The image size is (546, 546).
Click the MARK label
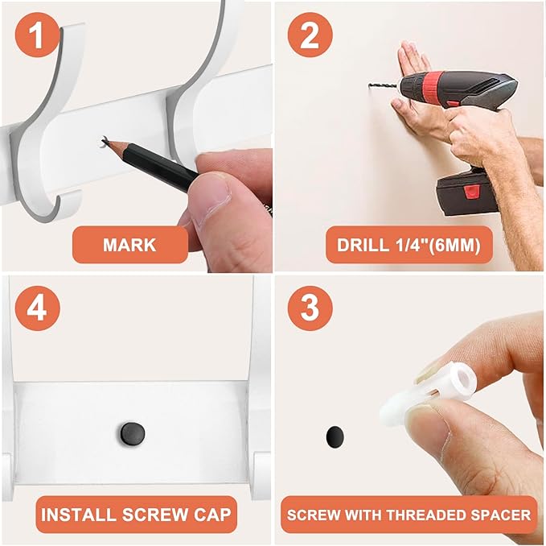(129, 245)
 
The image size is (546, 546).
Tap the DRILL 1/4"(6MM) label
(408, 245)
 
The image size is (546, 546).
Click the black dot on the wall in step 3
(335, 437)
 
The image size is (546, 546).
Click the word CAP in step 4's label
(210, 514)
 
